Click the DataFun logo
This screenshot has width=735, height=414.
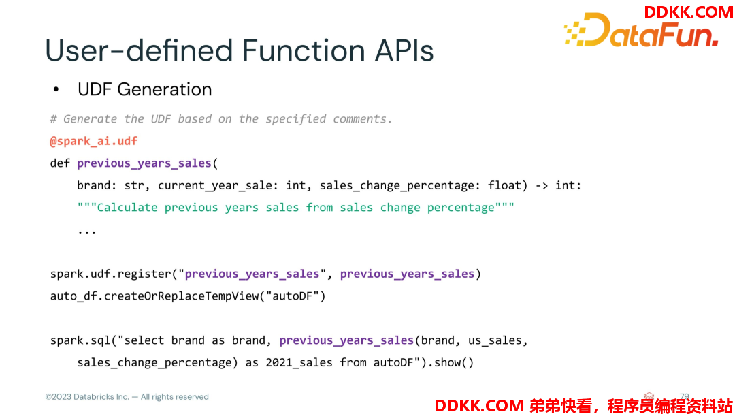641,31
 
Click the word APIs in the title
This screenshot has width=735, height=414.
404,50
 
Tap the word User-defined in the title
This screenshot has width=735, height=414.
139,50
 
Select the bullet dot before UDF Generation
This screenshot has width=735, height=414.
56,89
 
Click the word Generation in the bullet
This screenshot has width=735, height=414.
165,89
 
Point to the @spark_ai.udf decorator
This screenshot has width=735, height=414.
94,141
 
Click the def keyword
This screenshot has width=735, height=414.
60,163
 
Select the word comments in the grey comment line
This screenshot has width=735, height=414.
362,119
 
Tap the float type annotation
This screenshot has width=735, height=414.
504,185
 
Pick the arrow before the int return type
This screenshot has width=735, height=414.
542,186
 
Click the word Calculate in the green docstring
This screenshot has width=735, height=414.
127,207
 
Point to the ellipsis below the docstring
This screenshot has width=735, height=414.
86,232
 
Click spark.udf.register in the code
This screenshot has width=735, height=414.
111,274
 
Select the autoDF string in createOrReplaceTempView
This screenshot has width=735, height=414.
293,296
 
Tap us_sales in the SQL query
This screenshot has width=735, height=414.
495,340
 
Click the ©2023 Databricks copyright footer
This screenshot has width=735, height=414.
127,397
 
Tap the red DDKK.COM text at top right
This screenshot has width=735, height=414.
688,12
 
